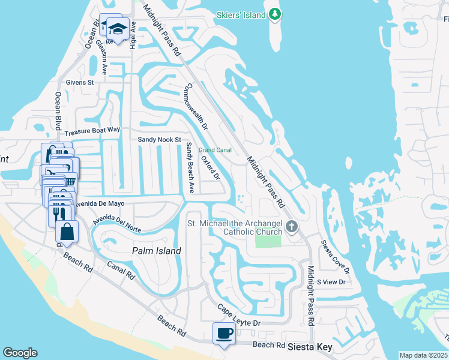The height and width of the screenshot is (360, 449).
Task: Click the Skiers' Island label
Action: (242, 14)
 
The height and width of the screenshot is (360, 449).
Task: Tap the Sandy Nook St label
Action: (159, 139)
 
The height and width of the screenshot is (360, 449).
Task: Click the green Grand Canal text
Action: (215, 150)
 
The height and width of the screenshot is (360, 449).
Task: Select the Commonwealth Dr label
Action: (196, 107)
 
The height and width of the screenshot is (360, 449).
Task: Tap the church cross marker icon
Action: (292, 226)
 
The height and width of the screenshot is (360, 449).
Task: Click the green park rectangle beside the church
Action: (268, 241)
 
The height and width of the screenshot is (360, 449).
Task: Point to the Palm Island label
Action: (157, 251)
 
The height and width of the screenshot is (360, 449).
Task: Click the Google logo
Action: (20, 353)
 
